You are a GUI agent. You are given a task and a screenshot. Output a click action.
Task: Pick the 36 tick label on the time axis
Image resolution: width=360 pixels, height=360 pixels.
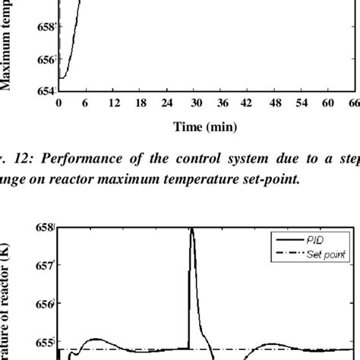click(x=222, y=103)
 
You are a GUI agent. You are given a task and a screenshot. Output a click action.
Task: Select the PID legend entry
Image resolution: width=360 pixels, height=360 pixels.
click(x=314, y=238)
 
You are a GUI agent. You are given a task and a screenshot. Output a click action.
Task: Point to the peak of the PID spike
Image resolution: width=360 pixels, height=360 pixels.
click(x=191, y=228)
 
